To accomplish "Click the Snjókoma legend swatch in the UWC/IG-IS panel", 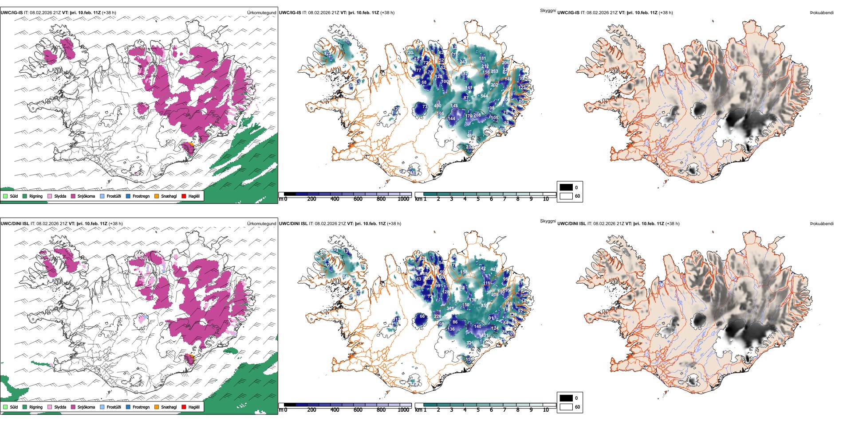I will [x=73, y=196].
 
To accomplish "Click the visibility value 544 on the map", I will [x=484, y=96].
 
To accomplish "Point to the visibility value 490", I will [x=437, y=105].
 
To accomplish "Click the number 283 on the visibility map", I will [x=494, y=71].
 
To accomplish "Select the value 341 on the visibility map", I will [x=450, y=308].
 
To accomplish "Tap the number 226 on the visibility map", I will [x=437, y=316].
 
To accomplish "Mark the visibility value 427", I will [x=493, y=269].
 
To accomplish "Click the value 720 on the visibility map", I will [x=410, y=53].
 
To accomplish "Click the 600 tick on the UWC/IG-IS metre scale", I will [x=358, y=199].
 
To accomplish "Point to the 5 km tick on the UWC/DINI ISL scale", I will [x=478, y=410].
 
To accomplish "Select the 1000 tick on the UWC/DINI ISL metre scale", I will [x=403, y=410].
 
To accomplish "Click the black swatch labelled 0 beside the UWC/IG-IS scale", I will [x=566, y=187].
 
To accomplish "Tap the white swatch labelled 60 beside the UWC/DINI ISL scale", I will [x=566, y=407].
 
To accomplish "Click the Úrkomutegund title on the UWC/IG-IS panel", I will [x=261, y=13].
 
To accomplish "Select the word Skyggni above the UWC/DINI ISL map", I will [x=548, y=221].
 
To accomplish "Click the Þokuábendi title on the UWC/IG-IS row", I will [x=822, y=13].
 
